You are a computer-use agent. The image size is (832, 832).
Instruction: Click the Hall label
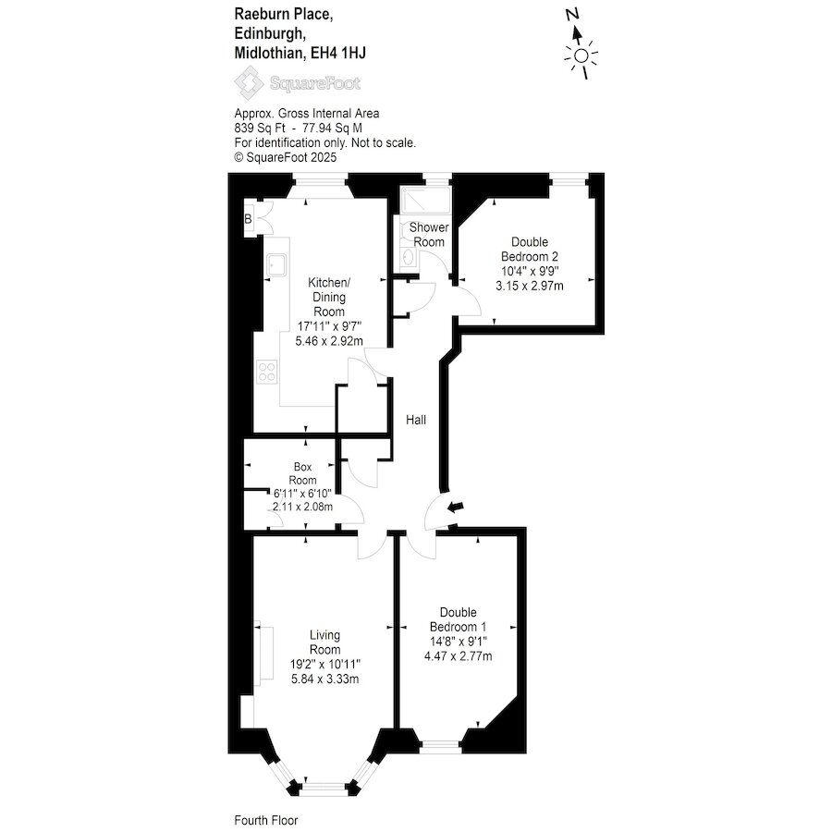coord(416,420)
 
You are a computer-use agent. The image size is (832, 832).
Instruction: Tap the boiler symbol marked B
coord(248,218)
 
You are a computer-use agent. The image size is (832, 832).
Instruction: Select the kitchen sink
coord(276,264)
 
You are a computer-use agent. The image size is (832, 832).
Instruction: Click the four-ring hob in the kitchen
coord(267,372)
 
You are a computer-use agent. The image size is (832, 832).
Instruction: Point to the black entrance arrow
coord(456,507)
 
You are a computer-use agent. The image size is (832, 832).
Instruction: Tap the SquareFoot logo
coord(298,83)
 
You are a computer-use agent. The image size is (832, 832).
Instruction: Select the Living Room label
coord(324,642)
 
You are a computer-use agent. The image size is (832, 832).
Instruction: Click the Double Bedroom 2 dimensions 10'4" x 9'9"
coord(530,271)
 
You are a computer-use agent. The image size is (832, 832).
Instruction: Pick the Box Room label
coord(302,473)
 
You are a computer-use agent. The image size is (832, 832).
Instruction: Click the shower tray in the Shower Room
coord(425,200)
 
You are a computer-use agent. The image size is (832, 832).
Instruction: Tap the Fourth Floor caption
coord(266,820)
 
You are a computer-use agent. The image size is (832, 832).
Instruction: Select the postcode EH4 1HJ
coord(338,53)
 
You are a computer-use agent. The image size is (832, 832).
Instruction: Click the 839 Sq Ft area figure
coord(260,128)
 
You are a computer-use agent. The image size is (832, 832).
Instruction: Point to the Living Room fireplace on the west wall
coord(263,652)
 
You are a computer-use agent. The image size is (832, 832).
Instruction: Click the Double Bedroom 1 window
coord(440,747)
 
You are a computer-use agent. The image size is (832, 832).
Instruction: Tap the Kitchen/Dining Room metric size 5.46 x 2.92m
coord(329,340)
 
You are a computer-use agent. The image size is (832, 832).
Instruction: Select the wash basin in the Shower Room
coord(408,258)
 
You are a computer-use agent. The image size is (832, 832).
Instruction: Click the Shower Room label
coord(429,235)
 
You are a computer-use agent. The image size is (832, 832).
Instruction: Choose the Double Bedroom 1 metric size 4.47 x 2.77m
coord(458,655)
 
